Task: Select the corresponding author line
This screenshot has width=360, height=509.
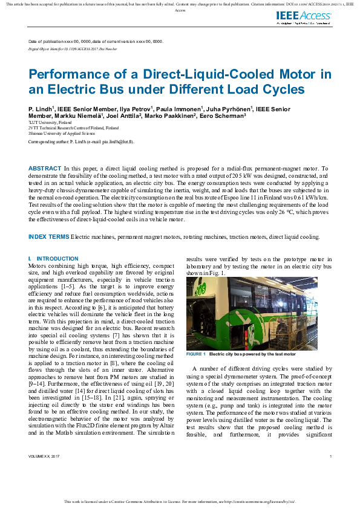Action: [x=81, y=141]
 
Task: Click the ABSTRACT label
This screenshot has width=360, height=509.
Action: [x=45, y=168]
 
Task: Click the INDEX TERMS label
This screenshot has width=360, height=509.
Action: [x=49, y=236]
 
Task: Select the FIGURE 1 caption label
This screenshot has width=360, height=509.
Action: [x=196, y=354]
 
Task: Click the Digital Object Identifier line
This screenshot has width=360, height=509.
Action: [x=73, y=47]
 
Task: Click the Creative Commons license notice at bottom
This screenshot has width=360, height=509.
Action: [x=180, y=502]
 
